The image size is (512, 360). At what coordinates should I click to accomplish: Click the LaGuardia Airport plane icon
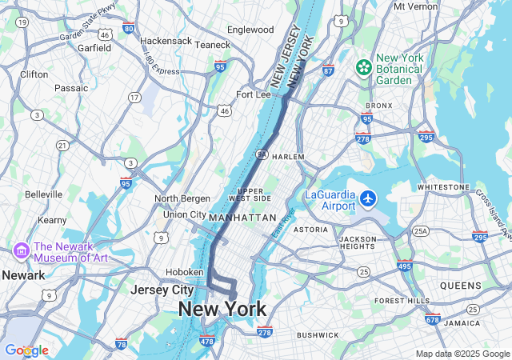point(368,198)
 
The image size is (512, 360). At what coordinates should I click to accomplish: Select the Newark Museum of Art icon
point(21,251)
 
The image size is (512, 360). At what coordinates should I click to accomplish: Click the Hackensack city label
point(166,40)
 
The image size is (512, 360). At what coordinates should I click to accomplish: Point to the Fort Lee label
point(253,94)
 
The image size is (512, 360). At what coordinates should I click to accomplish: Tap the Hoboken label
point(184,271)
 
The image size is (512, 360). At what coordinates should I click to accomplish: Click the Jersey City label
point(162,290)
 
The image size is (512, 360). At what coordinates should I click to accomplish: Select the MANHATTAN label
point(242,218)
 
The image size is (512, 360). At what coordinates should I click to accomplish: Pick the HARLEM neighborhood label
point(288,157)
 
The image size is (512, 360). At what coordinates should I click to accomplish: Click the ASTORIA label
point(310,230)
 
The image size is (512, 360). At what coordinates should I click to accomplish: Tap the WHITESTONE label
point(443,186)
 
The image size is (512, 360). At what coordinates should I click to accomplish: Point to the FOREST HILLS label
point(402,301)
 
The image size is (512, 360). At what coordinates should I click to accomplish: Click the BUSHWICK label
point(318,334)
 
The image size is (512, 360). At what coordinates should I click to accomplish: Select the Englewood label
point(250,30)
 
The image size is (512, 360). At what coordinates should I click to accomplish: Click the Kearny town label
point(52,219)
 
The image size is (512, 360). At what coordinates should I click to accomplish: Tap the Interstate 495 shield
point(404,266)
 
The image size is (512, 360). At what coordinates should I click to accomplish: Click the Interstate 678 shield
point(433,319)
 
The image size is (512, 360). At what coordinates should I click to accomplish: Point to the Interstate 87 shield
point(328,70)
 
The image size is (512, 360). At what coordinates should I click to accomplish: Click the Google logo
point(26,350)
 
